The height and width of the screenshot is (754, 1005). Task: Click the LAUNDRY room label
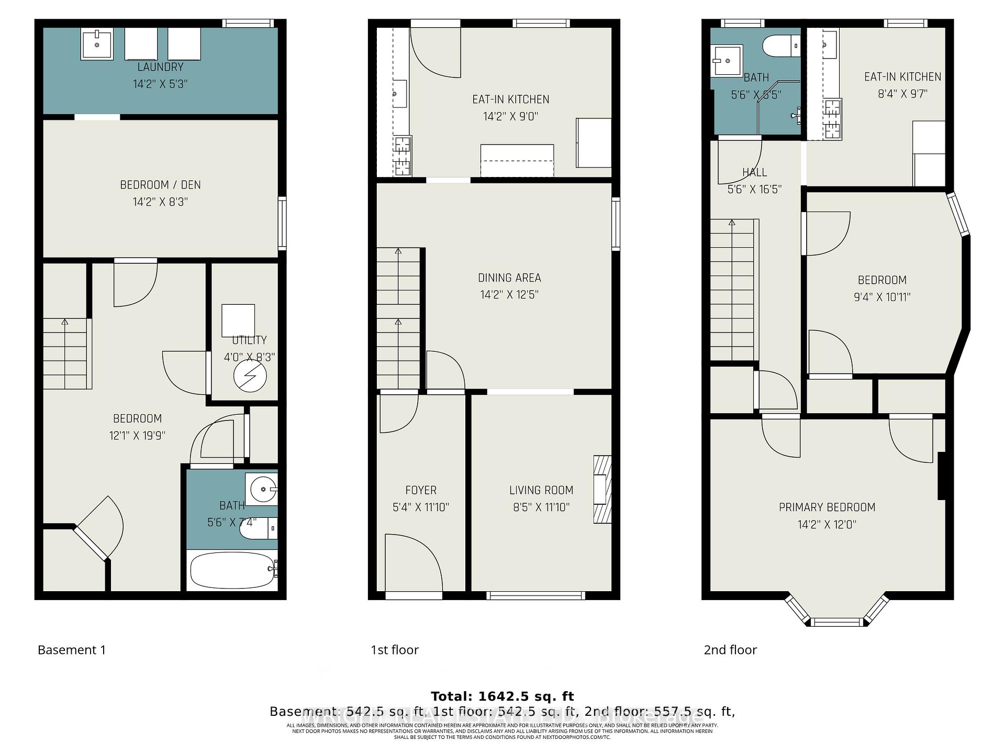[160, 67]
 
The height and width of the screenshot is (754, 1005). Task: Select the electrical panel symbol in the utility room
[250, 376]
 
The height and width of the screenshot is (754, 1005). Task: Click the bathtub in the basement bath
[232, 570]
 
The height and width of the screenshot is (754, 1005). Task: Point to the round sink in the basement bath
[263, 490]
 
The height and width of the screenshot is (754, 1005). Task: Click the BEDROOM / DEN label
[160, 185]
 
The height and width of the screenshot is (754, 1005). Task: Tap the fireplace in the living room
[602, 490]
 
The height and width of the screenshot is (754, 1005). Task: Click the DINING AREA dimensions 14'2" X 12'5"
[509, 295]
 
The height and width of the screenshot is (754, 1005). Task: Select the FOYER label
[421, 490]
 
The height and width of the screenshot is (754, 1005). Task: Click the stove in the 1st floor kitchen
[402, 156]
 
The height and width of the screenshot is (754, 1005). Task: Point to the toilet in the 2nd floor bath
[781, 46]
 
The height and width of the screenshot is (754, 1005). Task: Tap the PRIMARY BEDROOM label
[827, 507]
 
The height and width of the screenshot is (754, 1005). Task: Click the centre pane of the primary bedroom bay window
[836, 622]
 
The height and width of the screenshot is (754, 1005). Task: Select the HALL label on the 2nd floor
[754, 172]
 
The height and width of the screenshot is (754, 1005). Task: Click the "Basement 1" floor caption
[72, 650]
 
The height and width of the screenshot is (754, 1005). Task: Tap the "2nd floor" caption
[730, 650]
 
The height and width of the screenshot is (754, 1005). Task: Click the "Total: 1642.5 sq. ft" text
[502, 696]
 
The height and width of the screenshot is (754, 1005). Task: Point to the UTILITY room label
[249, 340]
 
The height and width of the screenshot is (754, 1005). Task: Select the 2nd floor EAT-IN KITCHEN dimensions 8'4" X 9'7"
[902, 94]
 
